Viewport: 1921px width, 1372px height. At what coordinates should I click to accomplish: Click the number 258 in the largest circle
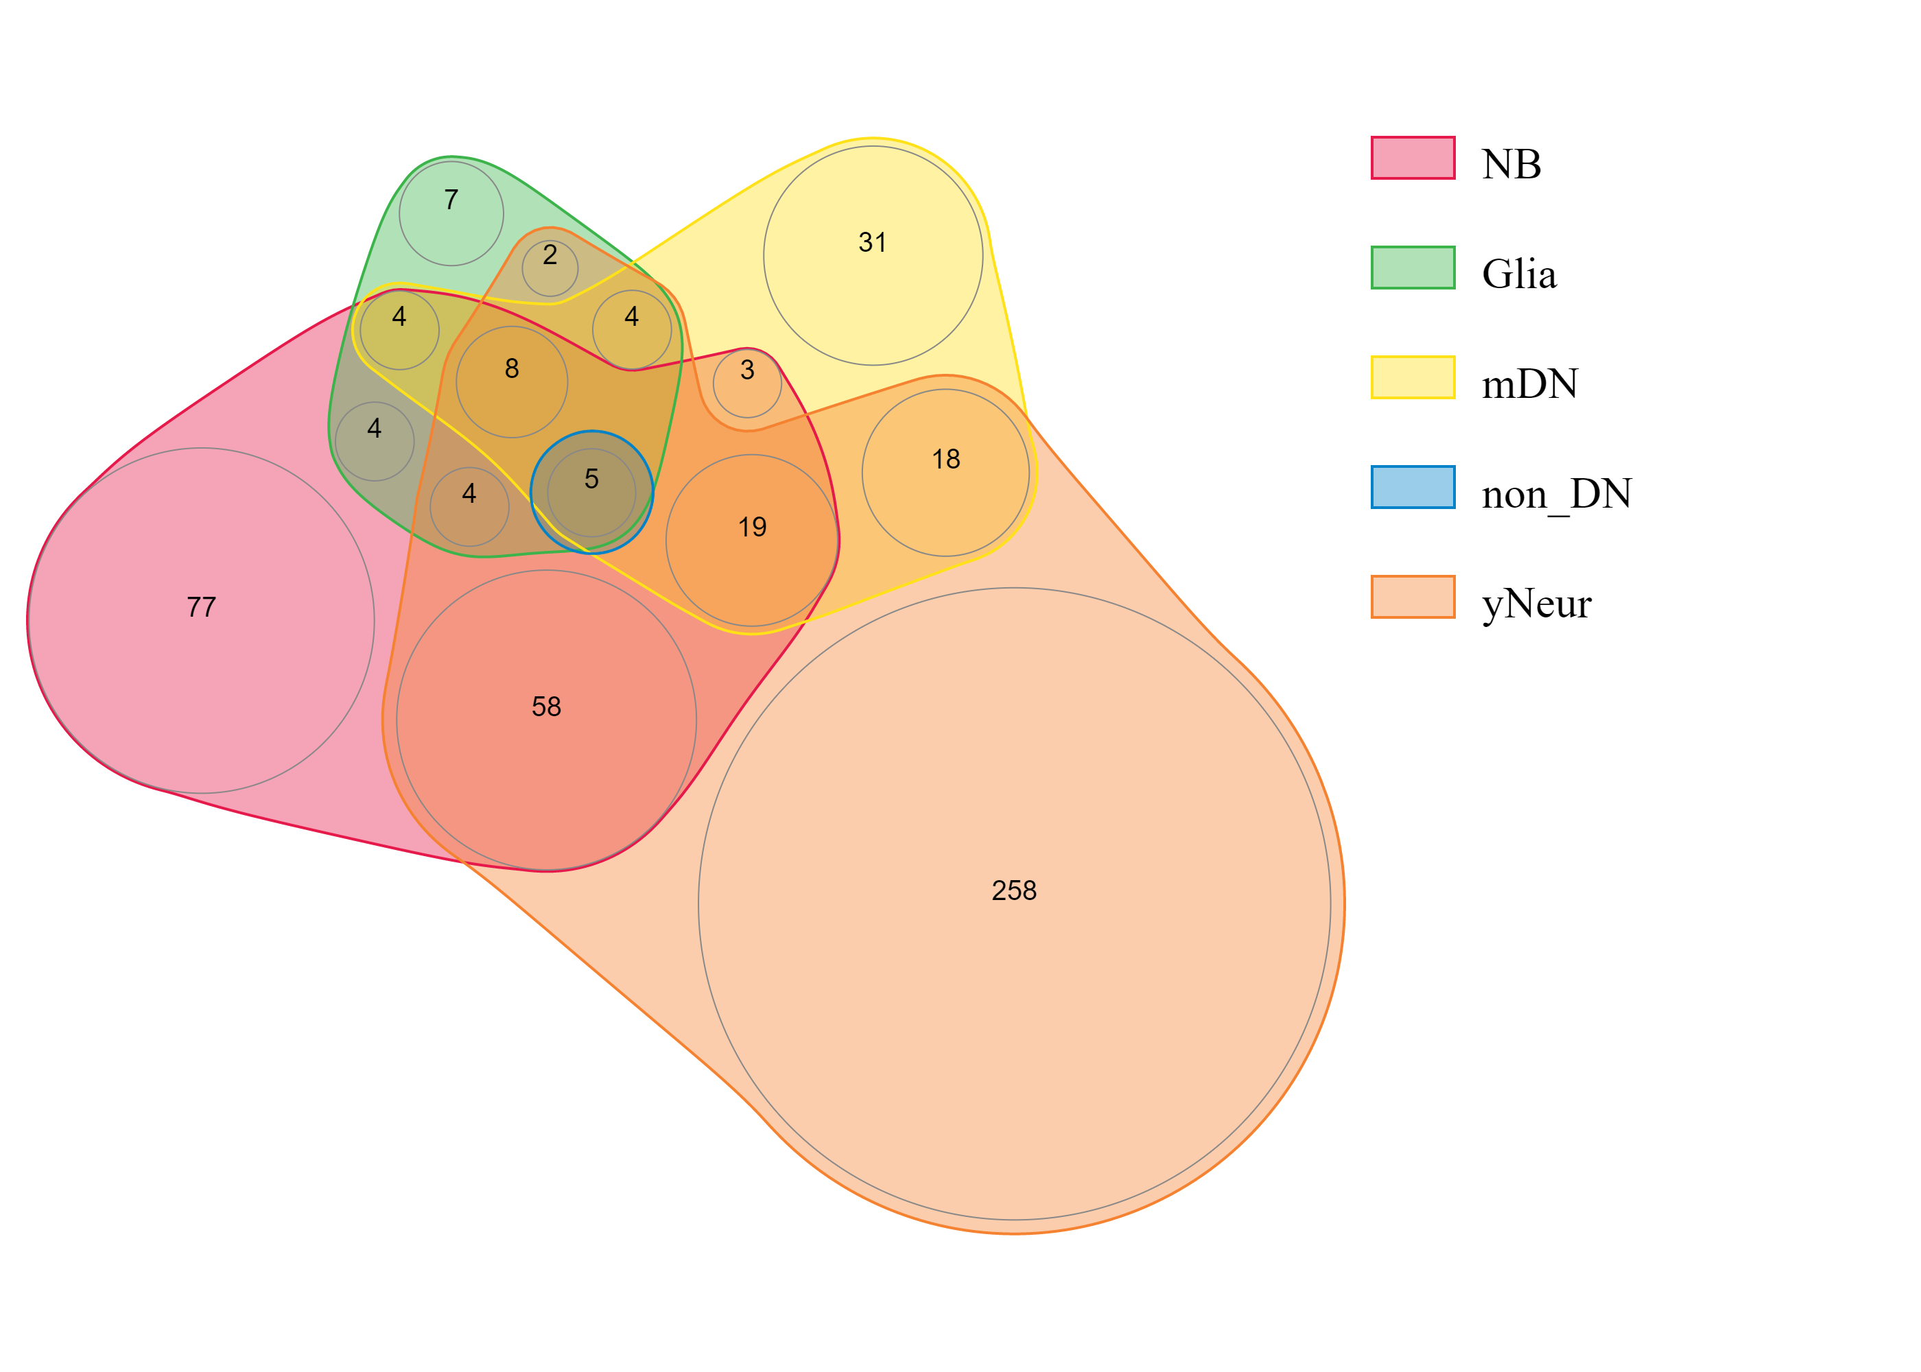tap(1014, 890)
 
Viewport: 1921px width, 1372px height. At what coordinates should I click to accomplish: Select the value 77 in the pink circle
tap(201, 606)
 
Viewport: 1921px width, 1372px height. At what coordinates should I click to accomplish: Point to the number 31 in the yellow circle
tap(873, 242)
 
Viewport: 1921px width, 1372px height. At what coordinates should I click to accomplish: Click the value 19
tap(752, 527)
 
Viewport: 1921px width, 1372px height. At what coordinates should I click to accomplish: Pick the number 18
tap(946, 459)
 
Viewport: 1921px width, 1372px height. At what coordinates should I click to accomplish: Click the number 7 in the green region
tap(451, 200)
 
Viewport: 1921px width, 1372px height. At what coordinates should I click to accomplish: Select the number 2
tap(550, 255)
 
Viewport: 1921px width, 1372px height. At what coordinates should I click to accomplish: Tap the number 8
tap(512, 368)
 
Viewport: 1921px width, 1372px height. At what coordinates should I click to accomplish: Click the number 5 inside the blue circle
tap(591, 479)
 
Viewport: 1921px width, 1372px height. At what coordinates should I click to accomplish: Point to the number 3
tap(746, 369)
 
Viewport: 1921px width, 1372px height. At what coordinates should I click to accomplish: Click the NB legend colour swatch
tap(1413, 158)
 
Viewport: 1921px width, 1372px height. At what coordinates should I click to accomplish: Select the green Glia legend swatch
tap(1413, 268)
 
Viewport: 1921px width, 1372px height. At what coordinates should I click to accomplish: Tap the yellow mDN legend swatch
tap(1413, 377)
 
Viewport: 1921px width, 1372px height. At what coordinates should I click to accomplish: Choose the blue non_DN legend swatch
tap(1413, 488)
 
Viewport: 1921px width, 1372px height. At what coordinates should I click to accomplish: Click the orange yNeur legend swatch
tap(1413, 598)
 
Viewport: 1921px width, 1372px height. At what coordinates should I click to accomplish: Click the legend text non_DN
tap(1556, 493)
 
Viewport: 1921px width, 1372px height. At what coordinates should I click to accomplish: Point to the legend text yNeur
tap(1536, 603)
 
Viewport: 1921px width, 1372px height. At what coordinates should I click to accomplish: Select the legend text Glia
tap(1519, 274)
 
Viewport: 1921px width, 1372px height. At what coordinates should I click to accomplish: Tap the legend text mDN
tap(1529, 383)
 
